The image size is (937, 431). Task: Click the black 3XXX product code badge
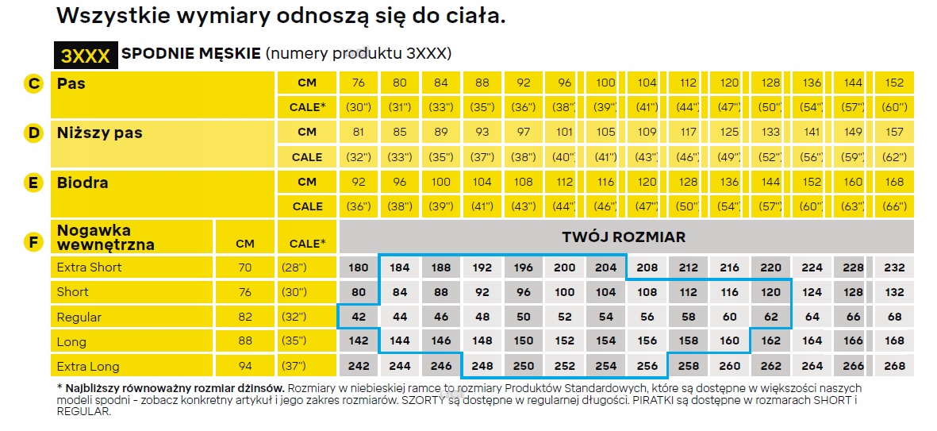(x=86, y=55)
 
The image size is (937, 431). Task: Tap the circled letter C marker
(x=33, y=83)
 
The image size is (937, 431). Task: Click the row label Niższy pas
(x=100, y=133)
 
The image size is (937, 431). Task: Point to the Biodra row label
(x=83, y=183)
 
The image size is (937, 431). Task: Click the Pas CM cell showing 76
(x=359, y=83)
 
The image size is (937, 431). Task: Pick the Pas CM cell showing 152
(x=894, y=83)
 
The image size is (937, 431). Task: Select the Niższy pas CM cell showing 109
(x=647, y=133)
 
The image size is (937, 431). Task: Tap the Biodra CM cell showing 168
(x=894, y=182)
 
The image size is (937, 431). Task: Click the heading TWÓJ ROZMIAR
(x=624, y=237)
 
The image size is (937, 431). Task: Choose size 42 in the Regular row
(x=359, y=317)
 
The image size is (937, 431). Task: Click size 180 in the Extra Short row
(x=359, y=267)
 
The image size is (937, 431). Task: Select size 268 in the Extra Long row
(x=894, y=366)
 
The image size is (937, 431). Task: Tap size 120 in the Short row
(x=770, y=292)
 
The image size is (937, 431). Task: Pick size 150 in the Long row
(x=524, y=341)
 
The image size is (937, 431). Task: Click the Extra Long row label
(x=88, y=367)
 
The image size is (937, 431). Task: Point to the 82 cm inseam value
(x=245, y=317)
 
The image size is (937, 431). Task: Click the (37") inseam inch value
(x=294, y=367)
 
